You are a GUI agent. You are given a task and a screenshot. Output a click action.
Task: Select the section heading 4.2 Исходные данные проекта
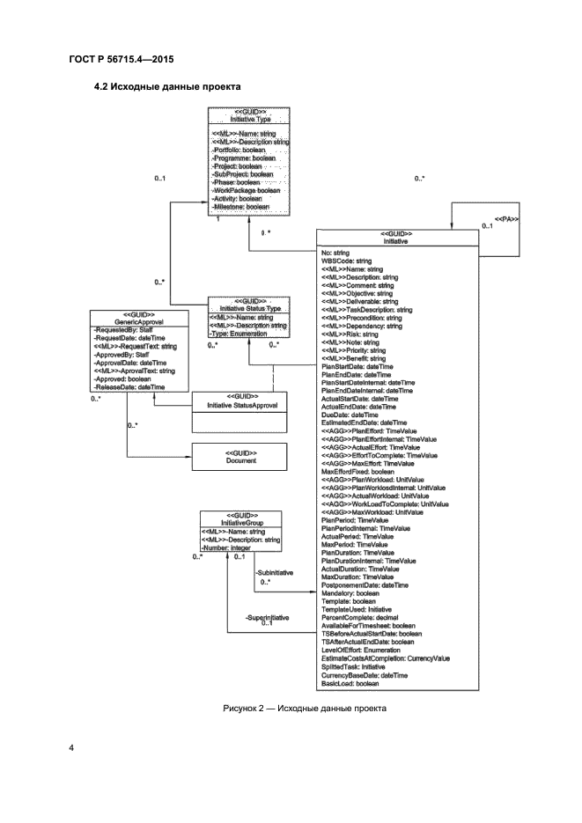point(168,87)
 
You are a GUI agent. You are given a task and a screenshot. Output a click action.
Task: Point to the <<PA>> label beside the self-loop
point(507,217)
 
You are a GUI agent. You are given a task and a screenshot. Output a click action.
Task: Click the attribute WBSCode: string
point(347,261)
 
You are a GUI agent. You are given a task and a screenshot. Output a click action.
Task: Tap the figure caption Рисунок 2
point(290,709)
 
